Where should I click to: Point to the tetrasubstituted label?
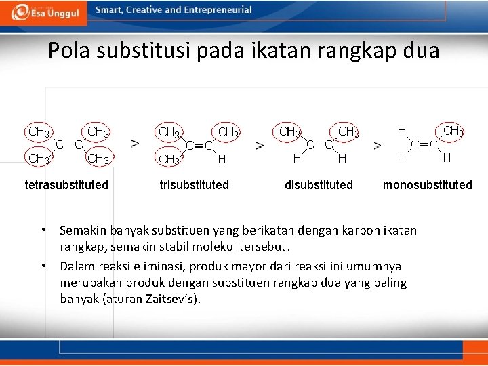point(66,184)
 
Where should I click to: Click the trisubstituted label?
point(194,184)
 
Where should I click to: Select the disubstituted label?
point(319,184)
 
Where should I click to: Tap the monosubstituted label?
point(427,184)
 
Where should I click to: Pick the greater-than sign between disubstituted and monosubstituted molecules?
point(378,145)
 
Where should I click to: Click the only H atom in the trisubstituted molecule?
point(221,160)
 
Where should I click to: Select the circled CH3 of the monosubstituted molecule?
point(452,130)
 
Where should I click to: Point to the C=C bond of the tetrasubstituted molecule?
point(69,144)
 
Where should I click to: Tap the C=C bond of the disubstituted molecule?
point(319,144)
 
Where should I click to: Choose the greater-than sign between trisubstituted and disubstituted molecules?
point(260,144)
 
